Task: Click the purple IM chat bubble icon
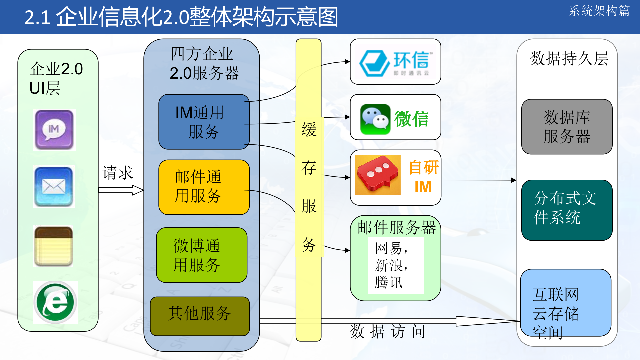pos(54,130)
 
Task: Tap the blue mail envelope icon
pos(54,187)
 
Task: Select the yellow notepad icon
pos(53,246)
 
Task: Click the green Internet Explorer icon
pos(55,302)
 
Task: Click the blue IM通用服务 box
pos(204,122)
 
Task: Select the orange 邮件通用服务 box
pos(204,187)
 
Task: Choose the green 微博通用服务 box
pos(202,255)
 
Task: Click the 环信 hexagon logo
pos(374,63)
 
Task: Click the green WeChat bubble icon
pos(375,119)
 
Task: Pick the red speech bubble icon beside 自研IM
pos(378,175)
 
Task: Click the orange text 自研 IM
pos(423,177)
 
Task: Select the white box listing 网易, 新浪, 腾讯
pos(396,265)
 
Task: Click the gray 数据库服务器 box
pos(567,127)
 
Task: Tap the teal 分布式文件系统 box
pos(567,210)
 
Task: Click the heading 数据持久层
pos(569,59)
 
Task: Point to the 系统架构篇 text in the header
pos(599,11)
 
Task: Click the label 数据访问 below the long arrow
pos(387,331)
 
